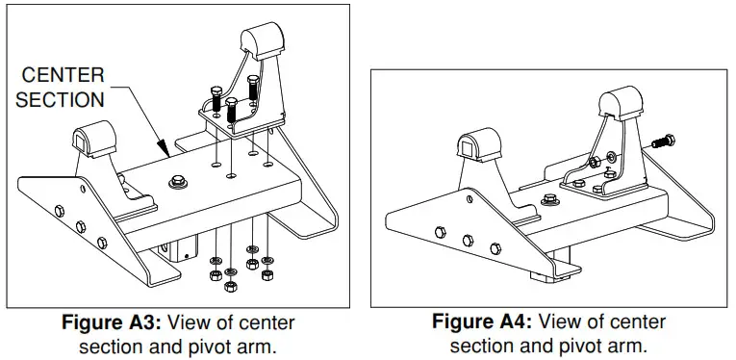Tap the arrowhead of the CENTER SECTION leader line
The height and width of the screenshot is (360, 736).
(x=169, y=154)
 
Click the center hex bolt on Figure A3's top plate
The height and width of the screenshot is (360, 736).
(x=179, y=180)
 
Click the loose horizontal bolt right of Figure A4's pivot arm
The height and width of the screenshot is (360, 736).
(x=660, y=140)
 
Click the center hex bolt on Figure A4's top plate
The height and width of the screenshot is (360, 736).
(x=549, y=200)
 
